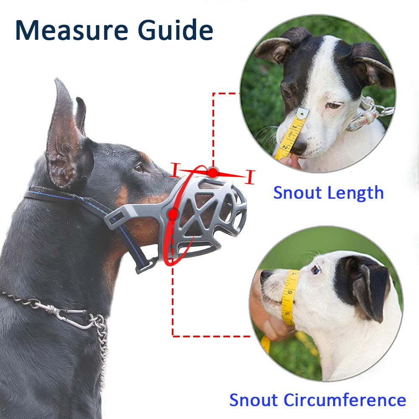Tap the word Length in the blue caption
357,193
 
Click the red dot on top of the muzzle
213,172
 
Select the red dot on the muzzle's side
172,214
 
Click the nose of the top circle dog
298,147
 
